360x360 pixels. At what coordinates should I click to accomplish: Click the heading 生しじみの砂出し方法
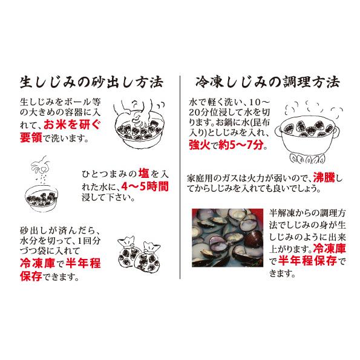(x=91, y=81)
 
